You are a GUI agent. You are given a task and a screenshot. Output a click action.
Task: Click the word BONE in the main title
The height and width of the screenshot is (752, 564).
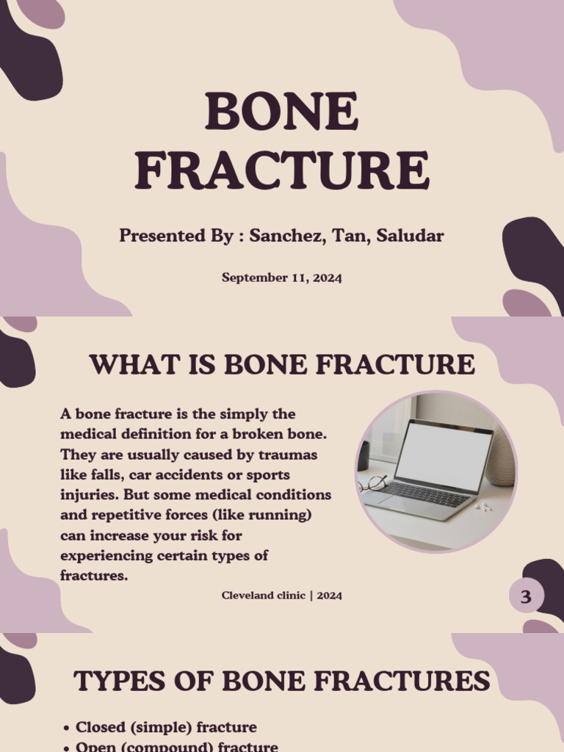tap(282, 112)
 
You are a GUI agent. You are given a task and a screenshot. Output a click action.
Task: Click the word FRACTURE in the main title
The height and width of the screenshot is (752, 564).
tap(282, 170)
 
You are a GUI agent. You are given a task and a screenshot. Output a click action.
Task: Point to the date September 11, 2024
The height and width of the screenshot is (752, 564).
tap(282, 278)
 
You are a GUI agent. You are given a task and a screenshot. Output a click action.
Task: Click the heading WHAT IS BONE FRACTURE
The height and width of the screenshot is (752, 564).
tap(282, 364)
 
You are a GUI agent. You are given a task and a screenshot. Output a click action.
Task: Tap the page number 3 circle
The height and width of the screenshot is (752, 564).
tap(526, 597)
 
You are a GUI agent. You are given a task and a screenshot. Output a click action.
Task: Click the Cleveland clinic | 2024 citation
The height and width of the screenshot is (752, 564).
tap(282, 596)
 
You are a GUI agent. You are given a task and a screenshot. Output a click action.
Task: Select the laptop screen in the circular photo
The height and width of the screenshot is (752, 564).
tap(444, 455)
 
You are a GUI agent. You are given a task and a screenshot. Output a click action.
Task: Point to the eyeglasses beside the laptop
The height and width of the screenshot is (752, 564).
tap(375, 483)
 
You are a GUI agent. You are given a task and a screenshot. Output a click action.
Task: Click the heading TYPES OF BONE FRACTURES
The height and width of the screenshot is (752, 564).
tap(282, 681)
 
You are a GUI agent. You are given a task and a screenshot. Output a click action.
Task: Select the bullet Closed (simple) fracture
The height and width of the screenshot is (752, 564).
tap(166, 728)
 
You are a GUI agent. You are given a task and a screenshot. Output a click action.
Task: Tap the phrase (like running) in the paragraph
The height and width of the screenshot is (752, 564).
tap(261, 515)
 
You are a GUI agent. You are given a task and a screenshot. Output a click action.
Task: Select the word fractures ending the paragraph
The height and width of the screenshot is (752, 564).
tap(93, 576)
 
